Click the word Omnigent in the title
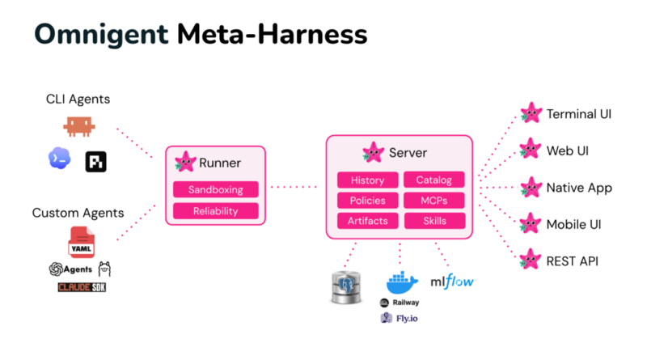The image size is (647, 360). [x=102, y=35]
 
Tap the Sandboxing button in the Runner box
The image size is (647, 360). [x=216, y=189]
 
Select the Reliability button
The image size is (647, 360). [x=216, y=211]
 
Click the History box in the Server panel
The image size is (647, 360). [x=368, y=180]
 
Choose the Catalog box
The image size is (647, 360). [x=434, y=180]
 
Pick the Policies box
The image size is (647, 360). [x=368, y=201]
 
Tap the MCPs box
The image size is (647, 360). [x=434, y=201]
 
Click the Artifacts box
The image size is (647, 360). [x=368, y=221]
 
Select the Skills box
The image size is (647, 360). [x=434, y=221]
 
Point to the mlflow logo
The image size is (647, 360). [x=453, y=282]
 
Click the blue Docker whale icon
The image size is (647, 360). [x=402, y=282]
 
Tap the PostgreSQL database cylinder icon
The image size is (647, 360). [x=346, y=287]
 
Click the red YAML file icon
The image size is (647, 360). [x=82, y=242]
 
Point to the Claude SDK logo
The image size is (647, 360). [x=82, y=287]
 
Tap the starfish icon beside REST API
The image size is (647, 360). [x=531, y=259]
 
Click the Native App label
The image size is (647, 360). [x=579, y=188]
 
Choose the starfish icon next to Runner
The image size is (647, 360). [x=185, y=162]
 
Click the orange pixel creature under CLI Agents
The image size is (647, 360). [x=78, y=126]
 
